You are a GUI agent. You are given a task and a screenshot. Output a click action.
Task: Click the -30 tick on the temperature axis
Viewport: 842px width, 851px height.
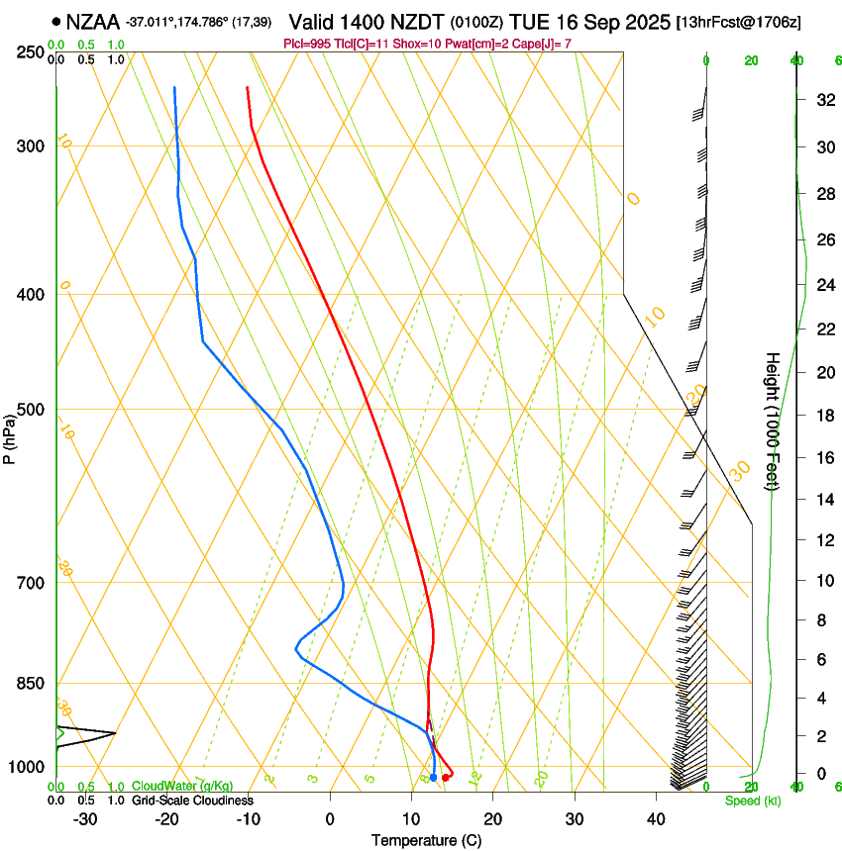[x=85, y=819]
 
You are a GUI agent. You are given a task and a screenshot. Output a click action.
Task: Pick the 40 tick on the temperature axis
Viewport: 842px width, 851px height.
[x=656, y=819]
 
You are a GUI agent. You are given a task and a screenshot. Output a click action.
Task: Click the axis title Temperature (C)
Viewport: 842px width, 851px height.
[x=426, y=840]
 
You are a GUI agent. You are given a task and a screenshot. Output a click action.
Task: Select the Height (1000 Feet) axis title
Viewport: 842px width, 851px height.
[x=773, y=421]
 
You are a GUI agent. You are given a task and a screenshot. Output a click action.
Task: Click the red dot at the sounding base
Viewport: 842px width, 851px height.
[x=446, y=778]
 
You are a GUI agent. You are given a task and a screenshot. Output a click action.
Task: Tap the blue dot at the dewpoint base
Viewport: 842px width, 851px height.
[x=433, y=778]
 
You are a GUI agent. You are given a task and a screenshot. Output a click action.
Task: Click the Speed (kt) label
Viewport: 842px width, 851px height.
[x=753, y=801]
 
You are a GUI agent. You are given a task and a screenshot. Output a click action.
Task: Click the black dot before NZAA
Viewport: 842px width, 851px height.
[x=56, y=20]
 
